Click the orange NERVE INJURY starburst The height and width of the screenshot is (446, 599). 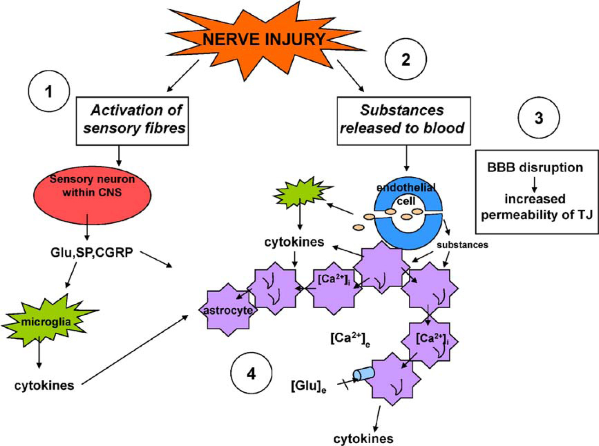point(264,40)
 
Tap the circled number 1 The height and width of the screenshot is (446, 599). point(48,92)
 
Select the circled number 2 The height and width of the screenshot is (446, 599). point(406,59)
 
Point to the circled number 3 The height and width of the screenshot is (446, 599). point(538,118)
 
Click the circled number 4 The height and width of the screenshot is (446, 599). point(251,373)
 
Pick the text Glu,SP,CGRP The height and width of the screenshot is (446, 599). point(92,253)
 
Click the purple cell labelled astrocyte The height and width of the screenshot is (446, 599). point(228,310)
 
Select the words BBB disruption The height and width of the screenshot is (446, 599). point(535,168)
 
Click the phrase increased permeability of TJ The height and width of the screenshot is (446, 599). point(535,207)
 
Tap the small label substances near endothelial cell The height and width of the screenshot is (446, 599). point(462,245)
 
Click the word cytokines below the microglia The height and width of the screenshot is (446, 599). point(44,386)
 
